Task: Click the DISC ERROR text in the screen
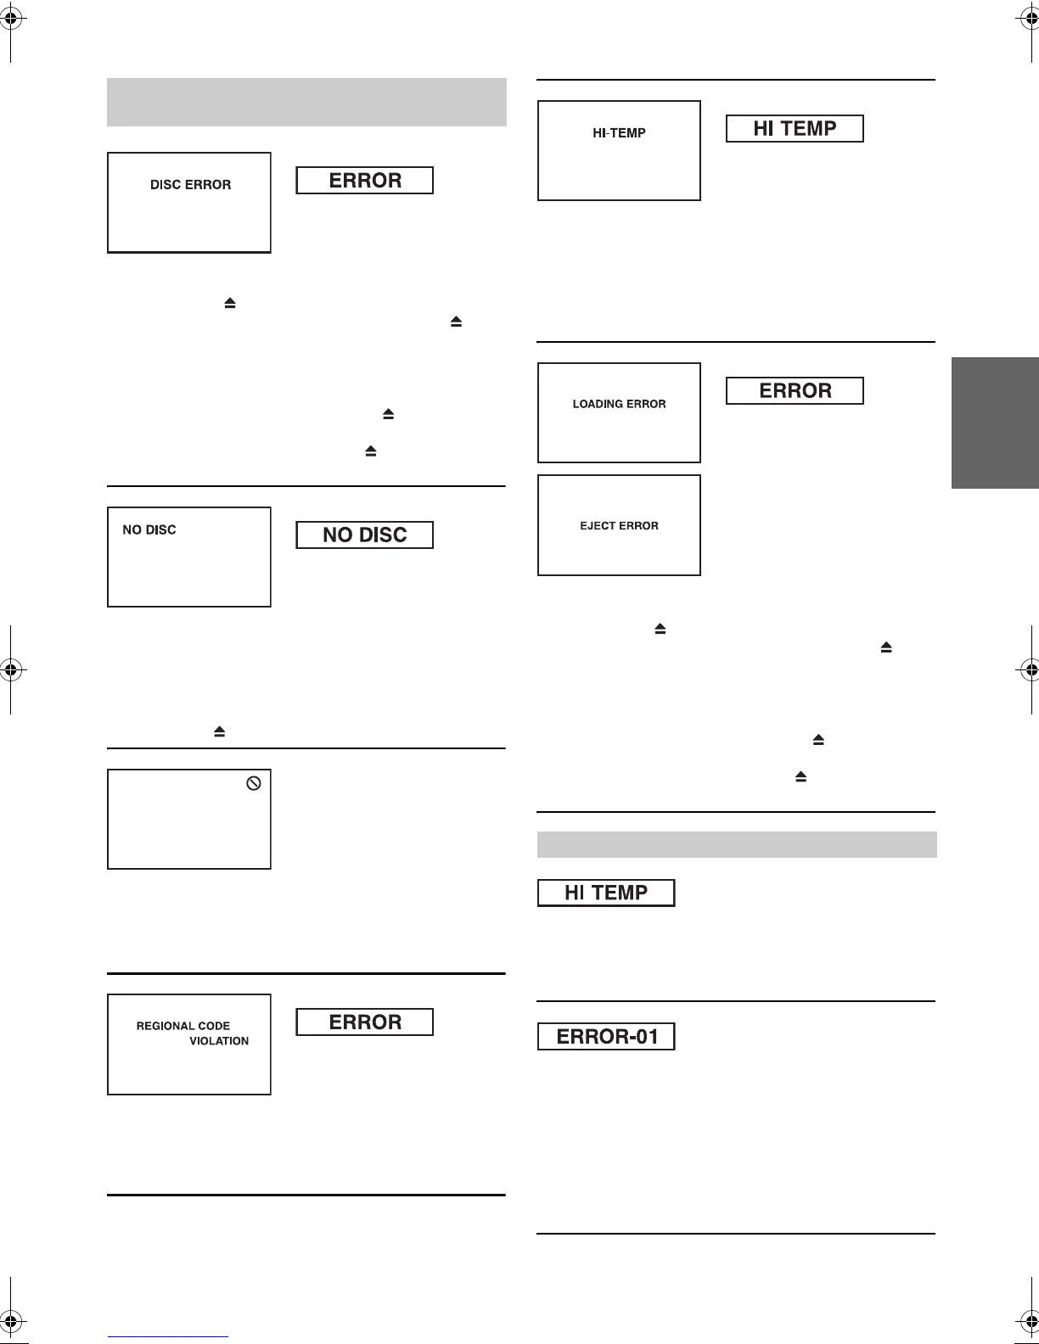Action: (x=190, y=185)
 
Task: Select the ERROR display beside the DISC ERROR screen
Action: (x=364, y=181)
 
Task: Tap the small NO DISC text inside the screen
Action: (x=149, y=530)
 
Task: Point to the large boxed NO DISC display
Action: (x=364, y=535)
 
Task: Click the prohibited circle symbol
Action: (x=253, y=784)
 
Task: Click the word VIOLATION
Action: (x=219, y=1041)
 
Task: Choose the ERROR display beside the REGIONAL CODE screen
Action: (x=364, y=1022)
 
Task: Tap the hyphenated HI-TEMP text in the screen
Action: (x=619, y=133)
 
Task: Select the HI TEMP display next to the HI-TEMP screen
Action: (x=795, y=129)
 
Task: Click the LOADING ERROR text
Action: (x=619, y=405)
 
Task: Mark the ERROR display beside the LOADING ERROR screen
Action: (x=795, y=391)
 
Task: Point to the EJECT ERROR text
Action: (x=619, y=526)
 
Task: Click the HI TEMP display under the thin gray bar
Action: (x=606, y=893)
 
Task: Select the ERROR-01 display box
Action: (x=606, y=1037)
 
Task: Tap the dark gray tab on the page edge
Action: (x=995, y=423)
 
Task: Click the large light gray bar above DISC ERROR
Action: (x=306, y=102)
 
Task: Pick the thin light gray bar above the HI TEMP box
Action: (x=737, y=845)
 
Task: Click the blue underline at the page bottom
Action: (x=168, y=1337)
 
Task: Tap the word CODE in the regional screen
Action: (x=215, y=1026)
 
